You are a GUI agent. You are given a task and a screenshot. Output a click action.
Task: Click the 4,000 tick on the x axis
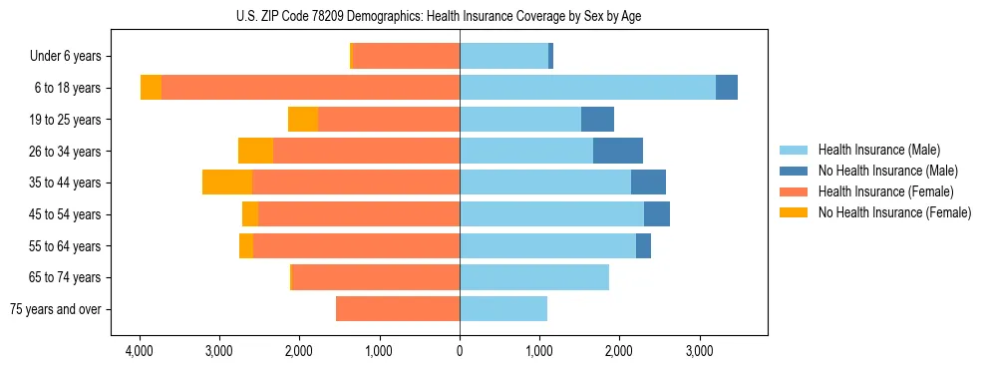(139, 352)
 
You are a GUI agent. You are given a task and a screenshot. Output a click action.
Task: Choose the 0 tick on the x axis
(460, 352)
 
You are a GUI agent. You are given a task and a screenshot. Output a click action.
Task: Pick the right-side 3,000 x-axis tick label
(699, 352)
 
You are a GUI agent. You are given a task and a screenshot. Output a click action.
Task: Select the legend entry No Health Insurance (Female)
(894, 212)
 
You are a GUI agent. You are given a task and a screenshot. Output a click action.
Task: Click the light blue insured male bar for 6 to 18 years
(587, 88)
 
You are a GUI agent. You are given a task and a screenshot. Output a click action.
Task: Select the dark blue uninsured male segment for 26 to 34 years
(618, 151)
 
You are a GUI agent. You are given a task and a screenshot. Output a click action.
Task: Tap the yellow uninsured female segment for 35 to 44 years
(227, 183)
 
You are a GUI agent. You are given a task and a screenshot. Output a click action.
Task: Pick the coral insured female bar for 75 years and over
(398, 309)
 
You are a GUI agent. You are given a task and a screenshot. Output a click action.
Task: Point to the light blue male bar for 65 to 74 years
(534, 277)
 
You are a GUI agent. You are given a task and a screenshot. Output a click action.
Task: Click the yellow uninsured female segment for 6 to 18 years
(151, 88)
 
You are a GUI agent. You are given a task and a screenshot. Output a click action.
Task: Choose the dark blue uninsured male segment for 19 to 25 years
(597, 120)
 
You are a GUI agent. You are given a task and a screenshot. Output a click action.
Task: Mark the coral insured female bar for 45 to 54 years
(359, 214)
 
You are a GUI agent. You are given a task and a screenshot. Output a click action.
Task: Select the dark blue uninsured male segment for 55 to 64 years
(643, 245)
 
